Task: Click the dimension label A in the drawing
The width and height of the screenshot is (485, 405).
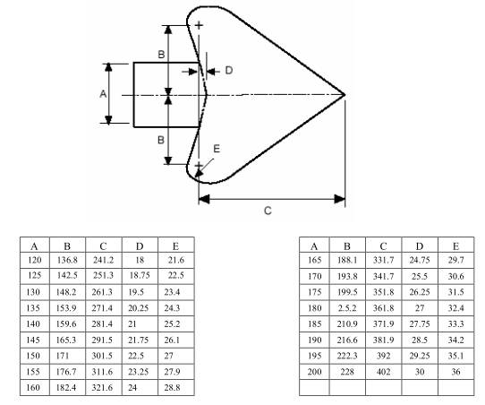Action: [103, 93]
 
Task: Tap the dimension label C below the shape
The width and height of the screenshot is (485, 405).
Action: [268, 211]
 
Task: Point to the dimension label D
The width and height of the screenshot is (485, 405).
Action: [228, 71]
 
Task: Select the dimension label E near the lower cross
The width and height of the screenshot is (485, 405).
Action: [217, 149]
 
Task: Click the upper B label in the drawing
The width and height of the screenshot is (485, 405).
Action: [161, 55]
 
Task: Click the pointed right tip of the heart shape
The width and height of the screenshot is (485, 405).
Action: [345, 94]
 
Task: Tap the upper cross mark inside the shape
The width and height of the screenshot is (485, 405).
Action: [199, 25]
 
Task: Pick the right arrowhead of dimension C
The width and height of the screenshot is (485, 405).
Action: [340, 199]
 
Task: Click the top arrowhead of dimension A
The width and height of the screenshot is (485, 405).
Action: [108, 67]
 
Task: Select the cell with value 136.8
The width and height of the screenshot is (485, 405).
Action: [67, 260]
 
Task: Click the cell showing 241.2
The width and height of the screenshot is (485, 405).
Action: [103, 260]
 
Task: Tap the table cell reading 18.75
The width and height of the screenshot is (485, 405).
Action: [140, 276]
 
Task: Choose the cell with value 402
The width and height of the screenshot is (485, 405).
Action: [383, 372]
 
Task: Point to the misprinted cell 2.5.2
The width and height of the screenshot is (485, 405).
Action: [347, 308]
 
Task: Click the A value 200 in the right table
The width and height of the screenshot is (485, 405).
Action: [314, 372]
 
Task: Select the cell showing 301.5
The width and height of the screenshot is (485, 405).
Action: [103, 356]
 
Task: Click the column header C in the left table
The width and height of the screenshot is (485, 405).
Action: [103, 246]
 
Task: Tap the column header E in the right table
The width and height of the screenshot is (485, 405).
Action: [456, 246]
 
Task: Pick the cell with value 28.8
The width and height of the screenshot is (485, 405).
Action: [175, 388]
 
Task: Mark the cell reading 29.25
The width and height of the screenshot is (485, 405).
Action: [420, 356]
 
